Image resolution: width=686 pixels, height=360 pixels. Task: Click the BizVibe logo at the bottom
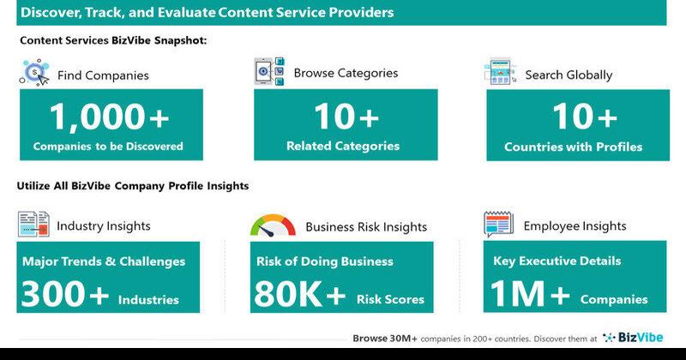633,337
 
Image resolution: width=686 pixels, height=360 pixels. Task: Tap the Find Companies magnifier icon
35,73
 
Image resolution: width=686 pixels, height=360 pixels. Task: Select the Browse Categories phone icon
269,71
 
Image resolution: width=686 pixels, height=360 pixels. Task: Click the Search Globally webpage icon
501,71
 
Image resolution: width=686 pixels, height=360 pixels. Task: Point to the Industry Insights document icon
33,224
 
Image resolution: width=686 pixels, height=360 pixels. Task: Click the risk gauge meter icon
273,225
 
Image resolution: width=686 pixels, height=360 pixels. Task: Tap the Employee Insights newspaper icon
499,224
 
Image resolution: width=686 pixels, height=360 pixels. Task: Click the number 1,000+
110,117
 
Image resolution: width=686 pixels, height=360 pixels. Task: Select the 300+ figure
65,293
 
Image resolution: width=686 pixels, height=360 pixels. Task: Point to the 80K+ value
299,293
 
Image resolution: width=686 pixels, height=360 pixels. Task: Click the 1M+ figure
530,293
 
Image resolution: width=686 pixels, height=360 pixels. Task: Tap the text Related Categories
343,146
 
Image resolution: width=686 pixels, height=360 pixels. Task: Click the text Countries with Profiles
573,147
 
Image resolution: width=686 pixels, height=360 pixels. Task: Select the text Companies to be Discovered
108,146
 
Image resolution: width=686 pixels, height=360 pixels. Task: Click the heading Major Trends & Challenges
104,261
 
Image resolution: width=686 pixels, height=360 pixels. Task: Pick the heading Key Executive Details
557,261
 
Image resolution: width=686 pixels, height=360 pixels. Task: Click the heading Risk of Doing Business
325,261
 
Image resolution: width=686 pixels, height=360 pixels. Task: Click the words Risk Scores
390,299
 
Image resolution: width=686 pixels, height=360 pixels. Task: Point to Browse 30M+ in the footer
385,338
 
